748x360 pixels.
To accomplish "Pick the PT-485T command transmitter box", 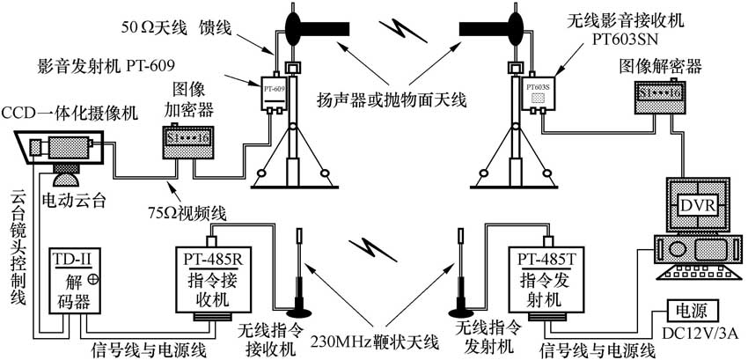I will click(x=550, y=280).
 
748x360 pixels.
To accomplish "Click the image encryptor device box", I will click(x=187, y=140).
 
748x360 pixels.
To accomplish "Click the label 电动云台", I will click(x=74, y=199).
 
